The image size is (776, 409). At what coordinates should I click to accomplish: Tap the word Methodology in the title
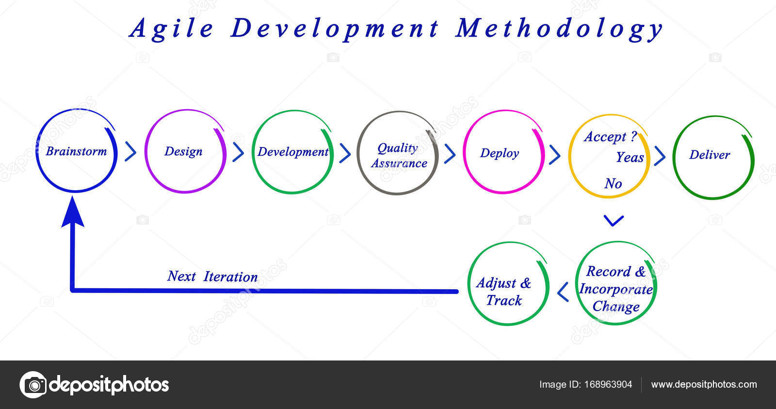[559, 29]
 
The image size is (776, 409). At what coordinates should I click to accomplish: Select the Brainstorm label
[76, 151]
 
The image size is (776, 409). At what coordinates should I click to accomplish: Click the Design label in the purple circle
[183, 151]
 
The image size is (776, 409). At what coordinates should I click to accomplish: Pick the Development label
[293, 152]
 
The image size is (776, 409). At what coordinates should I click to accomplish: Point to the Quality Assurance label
[399, 156]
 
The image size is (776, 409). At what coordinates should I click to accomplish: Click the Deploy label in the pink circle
[500, 153]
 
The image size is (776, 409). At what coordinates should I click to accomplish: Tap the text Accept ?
[610, 137]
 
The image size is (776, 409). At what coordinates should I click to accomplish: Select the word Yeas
[630, 157]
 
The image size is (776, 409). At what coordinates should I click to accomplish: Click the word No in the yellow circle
[613, 183]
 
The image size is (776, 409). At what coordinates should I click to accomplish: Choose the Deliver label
[710, 155]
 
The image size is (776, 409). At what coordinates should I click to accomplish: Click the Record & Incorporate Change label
[616, 289]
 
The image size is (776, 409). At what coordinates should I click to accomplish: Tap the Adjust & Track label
[504, 292]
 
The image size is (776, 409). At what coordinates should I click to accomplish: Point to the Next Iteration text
[212, 277]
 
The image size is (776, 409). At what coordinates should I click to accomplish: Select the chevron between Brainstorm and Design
[130, 152]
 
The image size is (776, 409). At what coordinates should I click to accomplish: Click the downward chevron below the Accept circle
[614, 221]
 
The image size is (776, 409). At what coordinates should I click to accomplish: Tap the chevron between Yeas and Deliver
[660, 156]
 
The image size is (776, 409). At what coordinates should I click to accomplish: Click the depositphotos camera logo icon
[33, 385]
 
